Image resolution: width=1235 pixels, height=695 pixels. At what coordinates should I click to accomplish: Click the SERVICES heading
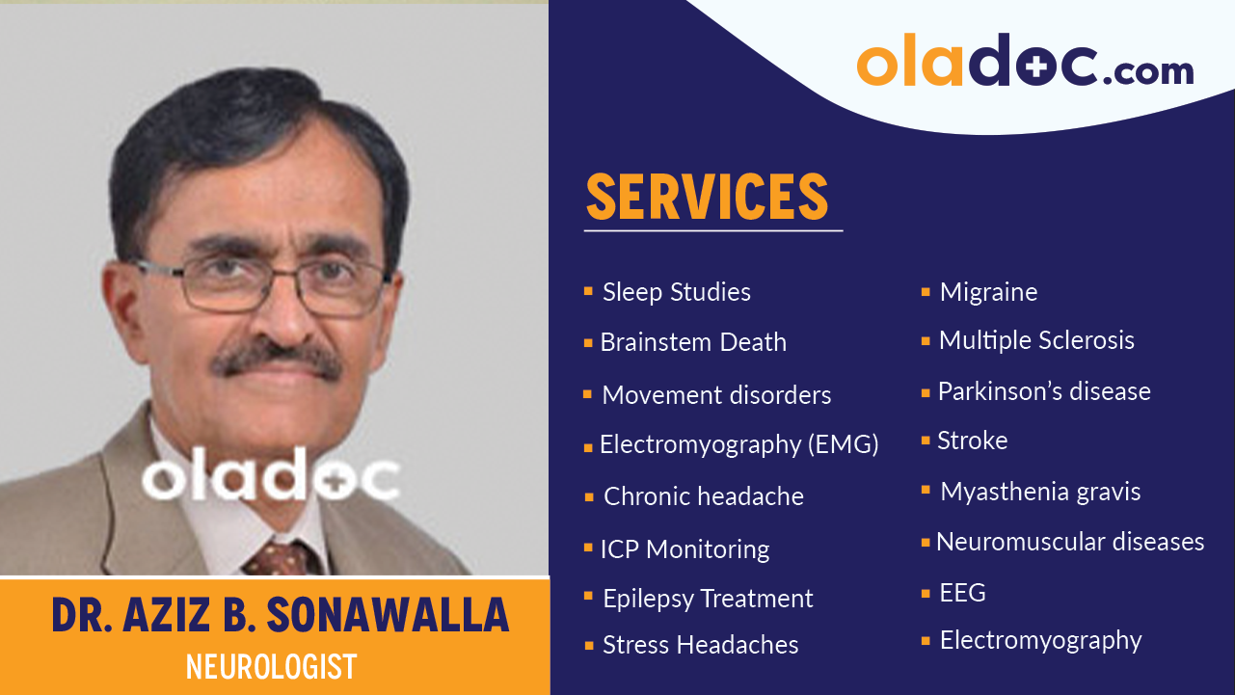click(x=708, y=198)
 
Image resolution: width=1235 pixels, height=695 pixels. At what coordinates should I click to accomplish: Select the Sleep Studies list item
click(x=676, y=292)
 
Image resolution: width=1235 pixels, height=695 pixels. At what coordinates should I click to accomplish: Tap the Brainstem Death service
click(x=692, y=342)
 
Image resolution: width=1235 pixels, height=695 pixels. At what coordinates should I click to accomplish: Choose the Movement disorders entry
click(x=715, y=395)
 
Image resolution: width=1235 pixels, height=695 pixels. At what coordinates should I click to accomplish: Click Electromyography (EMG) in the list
click(x=738, y=444)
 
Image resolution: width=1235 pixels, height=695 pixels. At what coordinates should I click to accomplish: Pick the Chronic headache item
click(x=703, y=496)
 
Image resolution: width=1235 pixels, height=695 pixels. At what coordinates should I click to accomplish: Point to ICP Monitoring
click(x=685, y=549)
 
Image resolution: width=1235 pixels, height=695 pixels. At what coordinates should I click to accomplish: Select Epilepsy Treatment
click(x=708, y=599)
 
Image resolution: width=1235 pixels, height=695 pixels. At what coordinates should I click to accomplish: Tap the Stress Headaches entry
click(x=700, y=645)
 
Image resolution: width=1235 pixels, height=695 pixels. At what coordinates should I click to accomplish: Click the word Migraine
click(x=988, y=292)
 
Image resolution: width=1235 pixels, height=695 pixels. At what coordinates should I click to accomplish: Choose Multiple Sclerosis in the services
click(x=1036, y=340)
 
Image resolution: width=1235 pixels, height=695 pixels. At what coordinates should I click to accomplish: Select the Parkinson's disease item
click(x=1044, y=391)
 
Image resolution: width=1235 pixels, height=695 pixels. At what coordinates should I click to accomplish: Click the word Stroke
click(x=972, y=441)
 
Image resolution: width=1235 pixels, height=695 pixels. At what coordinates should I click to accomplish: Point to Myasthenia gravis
click(x=1040, y=492)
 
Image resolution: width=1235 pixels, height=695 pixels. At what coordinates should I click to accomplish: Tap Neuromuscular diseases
click(x=1070, y=542)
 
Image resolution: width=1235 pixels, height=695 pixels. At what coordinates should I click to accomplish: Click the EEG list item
click(x=962, y=593)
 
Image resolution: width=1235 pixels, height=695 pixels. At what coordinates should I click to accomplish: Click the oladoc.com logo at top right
click(x=1025, y=63)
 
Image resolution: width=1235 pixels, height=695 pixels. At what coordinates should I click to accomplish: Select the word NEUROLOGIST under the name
click(x=271, y=666)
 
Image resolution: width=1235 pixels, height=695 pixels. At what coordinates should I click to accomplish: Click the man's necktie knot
click(x=282, y=557)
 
